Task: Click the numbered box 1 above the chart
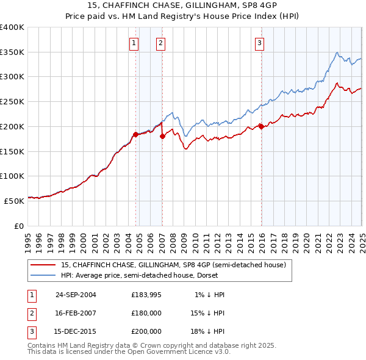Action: coord(134,43)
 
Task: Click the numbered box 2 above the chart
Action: coord(160,43)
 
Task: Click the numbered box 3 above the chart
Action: coord(259,43)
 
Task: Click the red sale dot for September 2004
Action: coord(135,134)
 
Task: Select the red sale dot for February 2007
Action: coord(162,137)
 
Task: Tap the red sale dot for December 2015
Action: coord(261,126)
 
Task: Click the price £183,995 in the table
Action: coord(146,294)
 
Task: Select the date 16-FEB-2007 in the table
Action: coord(76,312)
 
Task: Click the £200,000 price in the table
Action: coord(146,331)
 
